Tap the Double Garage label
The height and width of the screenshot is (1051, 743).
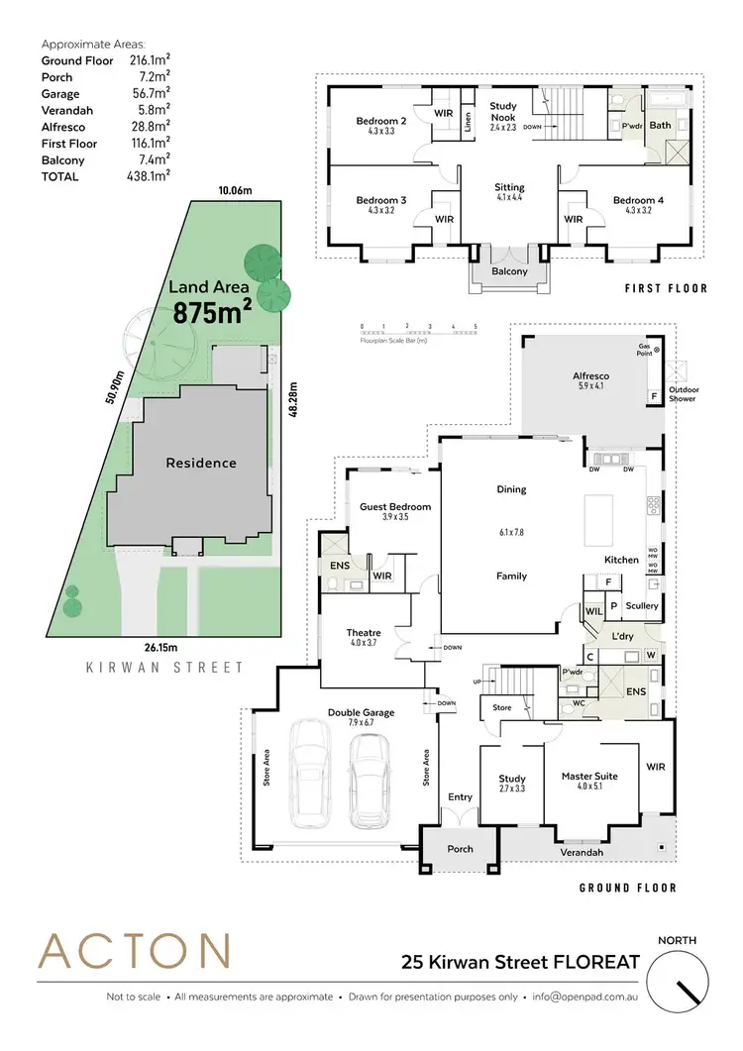[x=361, y=712]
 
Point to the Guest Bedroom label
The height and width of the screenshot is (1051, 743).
[x=395, y=507]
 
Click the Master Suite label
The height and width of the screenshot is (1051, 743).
[x=588, y=777]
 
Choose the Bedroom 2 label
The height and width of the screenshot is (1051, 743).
[x=381, y=121]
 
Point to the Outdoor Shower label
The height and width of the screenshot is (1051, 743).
[x=682, y=394]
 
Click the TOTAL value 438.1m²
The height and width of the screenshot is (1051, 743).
[x=149, y=176]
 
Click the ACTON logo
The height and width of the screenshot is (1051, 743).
[x=134, y=951]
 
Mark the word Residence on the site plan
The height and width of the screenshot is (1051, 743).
[x=201, y=463]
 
